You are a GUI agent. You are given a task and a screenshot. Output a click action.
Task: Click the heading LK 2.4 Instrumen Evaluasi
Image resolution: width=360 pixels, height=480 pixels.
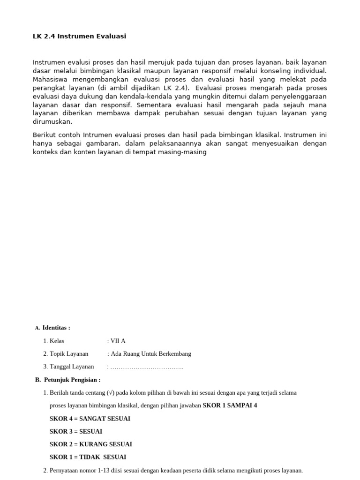(79, 36)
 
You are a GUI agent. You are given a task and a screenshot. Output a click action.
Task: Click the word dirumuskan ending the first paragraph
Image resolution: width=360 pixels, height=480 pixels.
(52, 121)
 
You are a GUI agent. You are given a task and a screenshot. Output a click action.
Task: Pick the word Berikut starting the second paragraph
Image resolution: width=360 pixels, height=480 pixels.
(44, 135)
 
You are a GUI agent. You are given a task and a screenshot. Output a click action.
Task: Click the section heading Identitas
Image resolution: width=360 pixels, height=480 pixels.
(56, 328)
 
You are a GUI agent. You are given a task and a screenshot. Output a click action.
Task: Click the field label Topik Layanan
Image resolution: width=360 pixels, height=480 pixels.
(69, 354)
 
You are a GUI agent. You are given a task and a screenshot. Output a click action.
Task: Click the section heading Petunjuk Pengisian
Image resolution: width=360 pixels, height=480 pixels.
(72, 380)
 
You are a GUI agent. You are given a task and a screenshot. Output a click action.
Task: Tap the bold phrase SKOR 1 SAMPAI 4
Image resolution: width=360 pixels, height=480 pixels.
(230, 405)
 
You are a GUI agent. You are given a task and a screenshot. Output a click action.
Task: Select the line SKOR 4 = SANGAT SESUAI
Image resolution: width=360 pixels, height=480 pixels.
(90, 419)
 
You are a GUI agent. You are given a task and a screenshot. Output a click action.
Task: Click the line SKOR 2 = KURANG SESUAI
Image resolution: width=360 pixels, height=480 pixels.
(91, 444)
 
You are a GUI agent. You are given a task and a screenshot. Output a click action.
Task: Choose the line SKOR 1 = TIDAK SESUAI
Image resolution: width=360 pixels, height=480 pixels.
(88, 457)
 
